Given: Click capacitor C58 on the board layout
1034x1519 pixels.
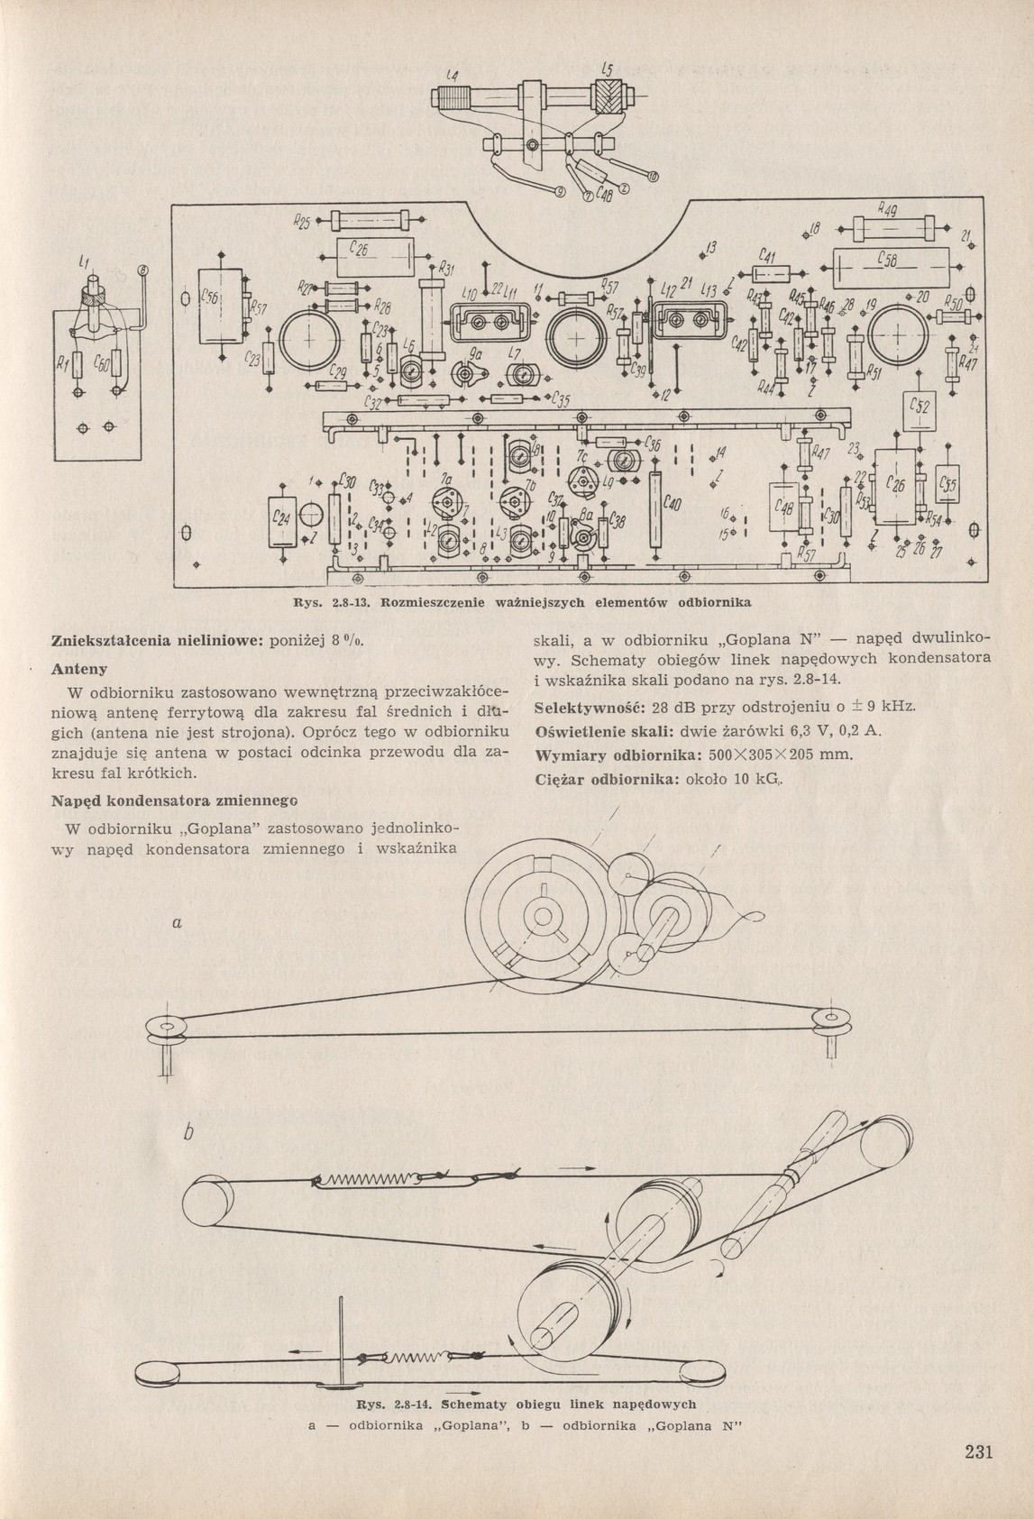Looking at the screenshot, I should (892, 267).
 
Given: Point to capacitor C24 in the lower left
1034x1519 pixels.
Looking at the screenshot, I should (282, 522).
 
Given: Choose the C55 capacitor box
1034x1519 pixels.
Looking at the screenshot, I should (947, 489).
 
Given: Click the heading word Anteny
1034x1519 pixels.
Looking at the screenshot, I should (79, 670).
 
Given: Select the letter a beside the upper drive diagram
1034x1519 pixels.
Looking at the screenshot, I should (178, 922).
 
